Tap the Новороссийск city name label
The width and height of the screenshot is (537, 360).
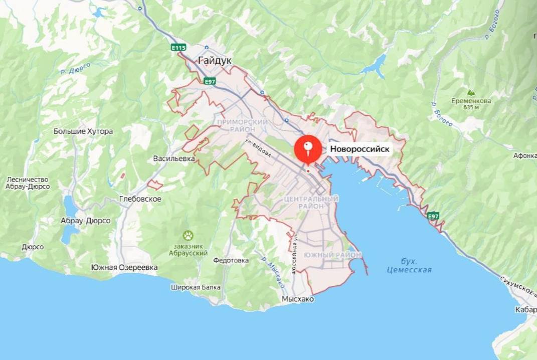tap(360, 149)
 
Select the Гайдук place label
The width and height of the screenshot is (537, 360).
tap(215, 60)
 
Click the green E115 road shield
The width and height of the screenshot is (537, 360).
tap(178, 48)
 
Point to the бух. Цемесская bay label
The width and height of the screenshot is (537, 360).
tap(409, 266)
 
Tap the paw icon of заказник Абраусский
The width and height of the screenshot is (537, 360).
tap(188, 235)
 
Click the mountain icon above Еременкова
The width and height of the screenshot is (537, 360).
tap(470, 93)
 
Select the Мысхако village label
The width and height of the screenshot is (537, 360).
tap(298, 299)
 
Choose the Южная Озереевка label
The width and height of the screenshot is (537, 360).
tap(124, 267)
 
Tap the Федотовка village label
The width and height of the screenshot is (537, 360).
tap(231, 260)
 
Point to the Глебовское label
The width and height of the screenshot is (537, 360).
tap(140, 199)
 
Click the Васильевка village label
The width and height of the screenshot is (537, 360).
tap(174, 158)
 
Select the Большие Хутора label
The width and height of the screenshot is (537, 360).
tap(83, 131)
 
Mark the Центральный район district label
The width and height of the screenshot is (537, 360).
tap(311, 203)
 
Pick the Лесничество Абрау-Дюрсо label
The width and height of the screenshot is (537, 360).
tap(28, 183)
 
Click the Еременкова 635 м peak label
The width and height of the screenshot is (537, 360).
tap(470, 104)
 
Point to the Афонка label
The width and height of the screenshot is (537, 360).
tap(524, 155)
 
